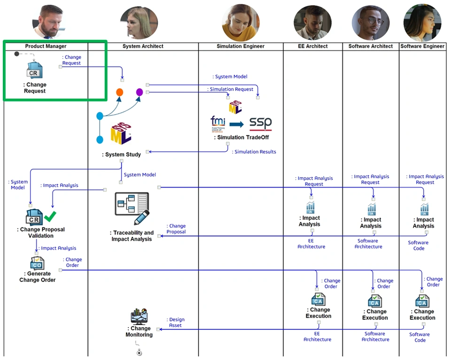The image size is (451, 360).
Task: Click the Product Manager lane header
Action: pos(46,46)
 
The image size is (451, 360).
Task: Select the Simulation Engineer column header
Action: pos(241,46)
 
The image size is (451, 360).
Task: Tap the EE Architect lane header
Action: pos(313,46)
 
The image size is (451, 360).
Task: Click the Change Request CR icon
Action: pos(34,71)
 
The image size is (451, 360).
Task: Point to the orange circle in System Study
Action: pos(120,92)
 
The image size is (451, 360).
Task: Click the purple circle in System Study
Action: pos(139,92)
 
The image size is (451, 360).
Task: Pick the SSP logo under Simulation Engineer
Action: pos(260,124)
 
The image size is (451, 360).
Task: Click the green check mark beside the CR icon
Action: pos(50,216)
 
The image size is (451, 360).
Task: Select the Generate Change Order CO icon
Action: pos(37,263)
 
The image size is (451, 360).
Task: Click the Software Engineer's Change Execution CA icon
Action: pos(422,301)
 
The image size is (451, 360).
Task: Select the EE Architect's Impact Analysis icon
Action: pos(310,207)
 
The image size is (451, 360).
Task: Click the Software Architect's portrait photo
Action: pos(371,23)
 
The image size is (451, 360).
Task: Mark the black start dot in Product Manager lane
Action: pos(17,54)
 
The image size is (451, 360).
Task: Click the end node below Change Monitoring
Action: pos(139,352)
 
